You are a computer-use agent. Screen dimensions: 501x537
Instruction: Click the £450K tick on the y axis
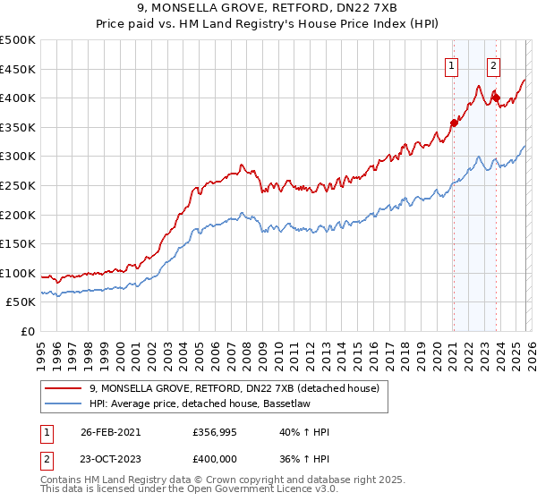coord(18,69)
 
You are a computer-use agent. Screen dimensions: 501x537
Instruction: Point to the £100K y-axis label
coord(18,273)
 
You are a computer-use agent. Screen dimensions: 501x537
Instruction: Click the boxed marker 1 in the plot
coord(452,64)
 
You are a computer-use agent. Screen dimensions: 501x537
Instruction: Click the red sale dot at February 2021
coord(454,123)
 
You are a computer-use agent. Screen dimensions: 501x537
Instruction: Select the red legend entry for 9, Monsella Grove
coord(234,388)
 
